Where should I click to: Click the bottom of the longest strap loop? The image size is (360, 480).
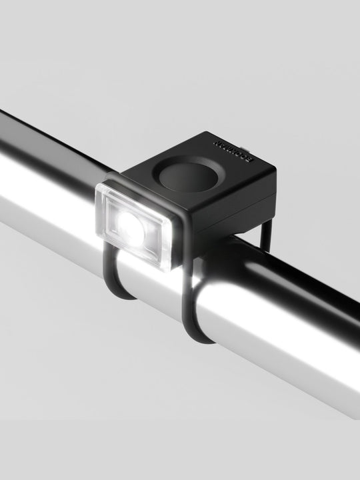click(200, 337)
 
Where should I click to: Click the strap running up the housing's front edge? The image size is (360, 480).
click(187, 240)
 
